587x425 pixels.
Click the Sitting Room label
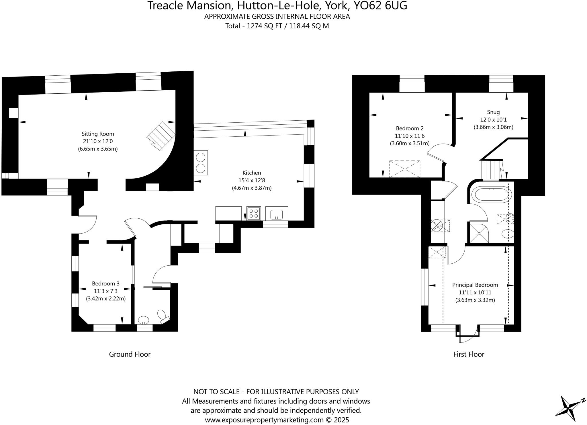[x=98, y=134]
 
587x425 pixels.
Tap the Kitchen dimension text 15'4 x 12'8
[x=252, y=181]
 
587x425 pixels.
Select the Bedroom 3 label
[x=105, y=283]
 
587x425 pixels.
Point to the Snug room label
[x=493, y=112]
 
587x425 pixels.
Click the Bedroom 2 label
[x=410, y=128]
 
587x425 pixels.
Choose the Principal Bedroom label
[x=475, y=285]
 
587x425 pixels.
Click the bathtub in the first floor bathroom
[x=493, y=195]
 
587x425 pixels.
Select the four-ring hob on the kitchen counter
[x=254, y=213]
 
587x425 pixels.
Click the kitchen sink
[x=277, y=214]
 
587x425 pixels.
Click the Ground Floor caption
[x=130, y=354]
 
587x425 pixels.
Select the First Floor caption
[x=469, y=354]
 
